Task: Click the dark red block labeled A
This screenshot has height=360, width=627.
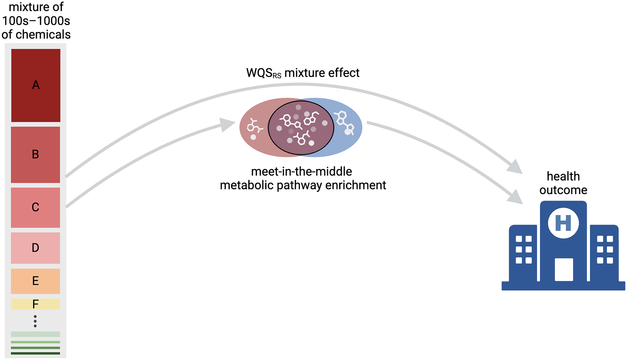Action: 36,85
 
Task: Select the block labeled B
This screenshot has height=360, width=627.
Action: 35,155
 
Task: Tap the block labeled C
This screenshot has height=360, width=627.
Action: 35,207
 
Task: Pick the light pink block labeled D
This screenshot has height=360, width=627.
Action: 35,248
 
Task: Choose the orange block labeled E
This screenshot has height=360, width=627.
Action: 35,281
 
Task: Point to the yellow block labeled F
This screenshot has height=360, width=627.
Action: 35,304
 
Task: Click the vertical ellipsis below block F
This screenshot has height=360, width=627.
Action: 35,321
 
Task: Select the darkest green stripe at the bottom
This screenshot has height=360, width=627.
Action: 35,353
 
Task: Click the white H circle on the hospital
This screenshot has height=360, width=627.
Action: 563,223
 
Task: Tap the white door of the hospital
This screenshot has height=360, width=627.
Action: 564,269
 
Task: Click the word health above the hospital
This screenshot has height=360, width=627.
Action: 563,176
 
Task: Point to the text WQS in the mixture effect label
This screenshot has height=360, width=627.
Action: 259,73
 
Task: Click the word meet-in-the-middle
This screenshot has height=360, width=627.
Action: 301,172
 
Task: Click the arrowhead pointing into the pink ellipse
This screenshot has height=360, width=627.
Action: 227,124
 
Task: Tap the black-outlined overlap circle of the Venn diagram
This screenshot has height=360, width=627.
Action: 301,128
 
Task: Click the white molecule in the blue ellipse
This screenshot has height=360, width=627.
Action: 345,123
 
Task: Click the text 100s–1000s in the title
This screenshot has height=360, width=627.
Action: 36,21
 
